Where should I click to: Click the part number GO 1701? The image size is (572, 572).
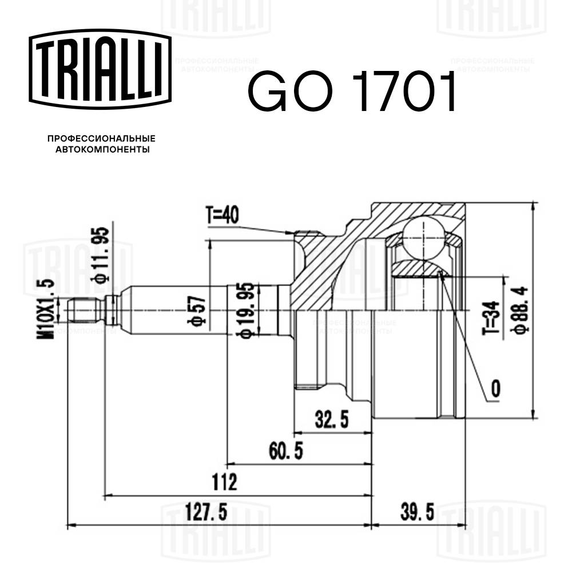point(352,92)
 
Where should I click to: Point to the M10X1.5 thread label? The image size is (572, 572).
point(48,309)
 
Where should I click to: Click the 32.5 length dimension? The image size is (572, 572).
point(331,419)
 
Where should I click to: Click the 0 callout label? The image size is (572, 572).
point(495,389)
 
